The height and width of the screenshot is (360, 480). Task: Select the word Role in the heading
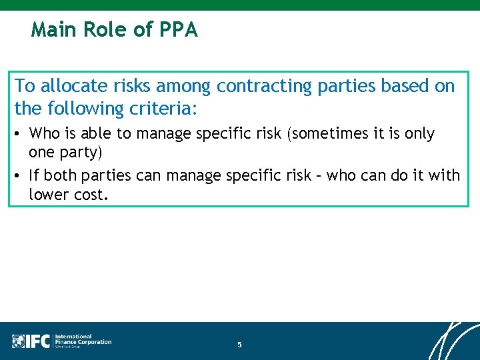(106, 30)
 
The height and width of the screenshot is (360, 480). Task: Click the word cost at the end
(89, 194)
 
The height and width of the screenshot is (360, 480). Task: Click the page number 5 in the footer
(239, 345)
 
